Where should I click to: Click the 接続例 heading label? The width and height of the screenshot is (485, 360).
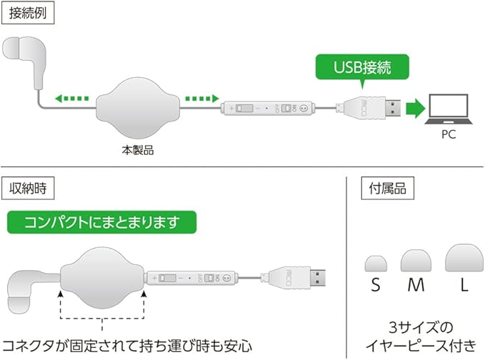click(x=26, y=14)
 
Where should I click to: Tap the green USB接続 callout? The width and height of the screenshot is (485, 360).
click(x=362, y=69)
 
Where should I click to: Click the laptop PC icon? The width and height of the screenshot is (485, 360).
click(x=449, y=107)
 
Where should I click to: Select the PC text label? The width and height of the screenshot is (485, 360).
click(x=449, y=134)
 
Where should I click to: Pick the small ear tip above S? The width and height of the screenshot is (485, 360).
click(x=376, y=263)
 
